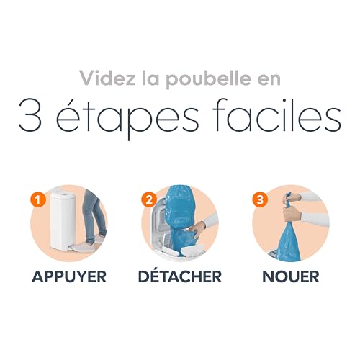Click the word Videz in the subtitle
coord(104,77)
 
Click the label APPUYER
coord(70,276)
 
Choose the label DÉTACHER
coord(180,276)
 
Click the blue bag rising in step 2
coord(177,209)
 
